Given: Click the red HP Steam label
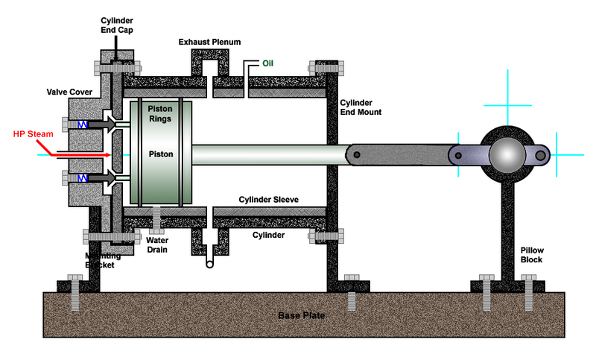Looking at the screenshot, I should tap(31, 135).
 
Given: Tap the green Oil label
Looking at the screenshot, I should tap(267, 63).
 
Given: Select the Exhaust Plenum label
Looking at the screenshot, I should tap(209, 42).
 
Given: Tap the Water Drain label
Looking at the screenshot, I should tap(156, 244).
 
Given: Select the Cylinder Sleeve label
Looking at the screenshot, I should tap(270, 200).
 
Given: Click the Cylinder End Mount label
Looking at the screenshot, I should tap(361, 107).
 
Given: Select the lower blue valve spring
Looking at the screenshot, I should tap(85, 178).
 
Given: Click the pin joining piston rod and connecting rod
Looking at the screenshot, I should tap(358, 154).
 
